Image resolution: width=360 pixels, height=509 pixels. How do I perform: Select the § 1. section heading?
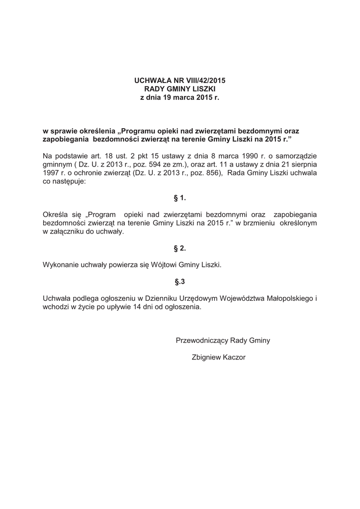tap(180, 198)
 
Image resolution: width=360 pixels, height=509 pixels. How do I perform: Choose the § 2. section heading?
tap(180, 248)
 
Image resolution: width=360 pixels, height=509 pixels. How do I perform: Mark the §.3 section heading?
tap(180, 282)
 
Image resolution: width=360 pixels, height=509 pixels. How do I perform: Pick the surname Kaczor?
tap(234, 357)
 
